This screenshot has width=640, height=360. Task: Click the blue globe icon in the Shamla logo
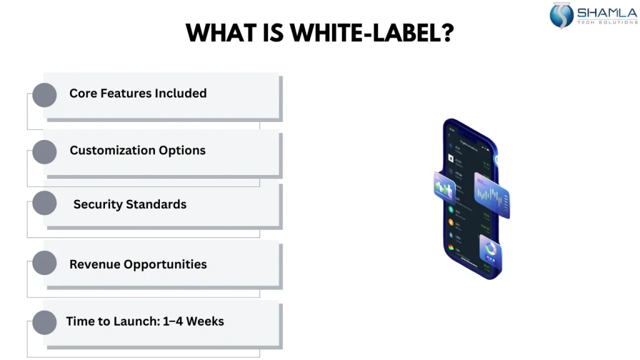point(561,16)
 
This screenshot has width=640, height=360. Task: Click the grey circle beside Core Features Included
point(44,95)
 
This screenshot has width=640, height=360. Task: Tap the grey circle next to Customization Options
point(44,152)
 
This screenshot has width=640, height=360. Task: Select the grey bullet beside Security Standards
point(44,204)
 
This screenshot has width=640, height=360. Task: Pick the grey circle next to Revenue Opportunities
point(44,263)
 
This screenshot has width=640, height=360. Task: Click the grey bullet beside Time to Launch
point(44,322)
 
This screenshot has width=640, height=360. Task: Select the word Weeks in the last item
point(205,321)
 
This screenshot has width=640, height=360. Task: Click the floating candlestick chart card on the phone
point(492,195)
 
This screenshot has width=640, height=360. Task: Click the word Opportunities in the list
point(165,264)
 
